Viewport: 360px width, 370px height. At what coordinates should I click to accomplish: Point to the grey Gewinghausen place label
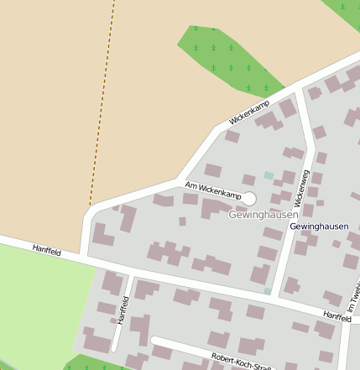263,215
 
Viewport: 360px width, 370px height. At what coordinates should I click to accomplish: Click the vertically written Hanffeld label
123,310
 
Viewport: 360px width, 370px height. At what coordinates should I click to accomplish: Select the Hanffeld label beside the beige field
47,250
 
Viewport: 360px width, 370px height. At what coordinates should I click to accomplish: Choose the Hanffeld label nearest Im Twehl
337,315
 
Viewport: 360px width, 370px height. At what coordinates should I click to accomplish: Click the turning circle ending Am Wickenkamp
248,198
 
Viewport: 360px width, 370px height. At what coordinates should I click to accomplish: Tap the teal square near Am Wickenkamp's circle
269,175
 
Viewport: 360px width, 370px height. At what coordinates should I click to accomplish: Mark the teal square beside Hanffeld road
267,291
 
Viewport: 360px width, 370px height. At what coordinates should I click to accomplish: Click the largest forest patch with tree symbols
227,59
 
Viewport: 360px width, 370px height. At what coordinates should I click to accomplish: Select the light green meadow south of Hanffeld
42,302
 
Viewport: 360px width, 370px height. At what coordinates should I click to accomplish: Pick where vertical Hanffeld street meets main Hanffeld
131,274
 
